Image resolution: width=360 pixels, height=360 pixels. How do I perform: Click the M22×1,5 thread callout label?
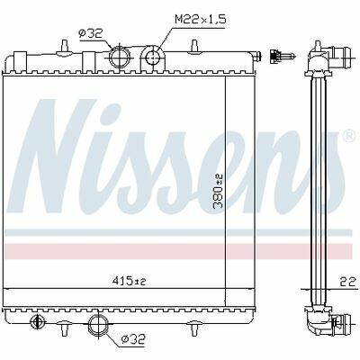pos(200,20)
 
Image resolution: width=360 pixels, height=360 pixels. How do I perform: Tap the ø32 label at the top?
pos(91,33)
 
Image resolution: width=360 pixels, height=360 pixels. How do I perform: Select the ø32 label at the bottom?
pos(133,339)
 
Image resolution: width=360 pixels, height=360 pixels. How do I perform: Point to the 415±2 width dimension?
pos(130,281)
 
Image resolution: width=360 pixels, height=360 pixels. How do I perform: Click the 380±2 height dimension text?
pos(218,191)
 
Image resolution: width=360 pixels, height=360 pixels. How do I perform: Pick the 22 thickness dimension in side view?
pos(347,282)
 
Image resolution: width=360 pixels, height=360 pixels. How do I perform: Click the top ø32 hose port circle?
pos(119,58)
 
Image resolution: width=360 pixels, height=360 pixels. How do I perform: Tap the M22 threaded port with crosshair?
pos(153,58)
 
